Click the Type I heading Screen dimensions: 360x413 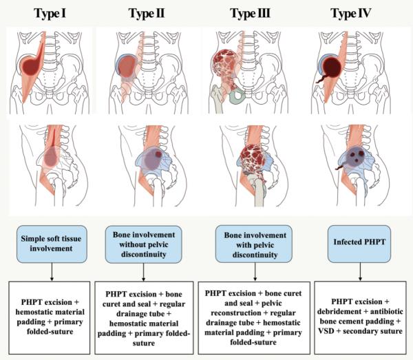click(50, 12)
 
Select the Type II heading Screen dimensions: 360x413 click(148, 12)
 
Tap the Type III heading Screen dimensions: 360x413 click(251, 12)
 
